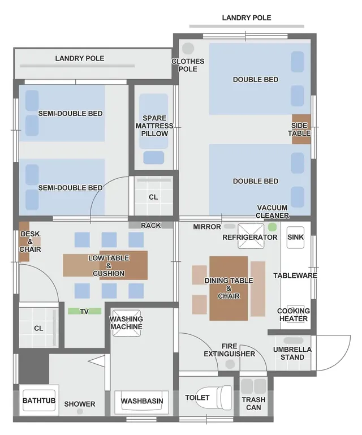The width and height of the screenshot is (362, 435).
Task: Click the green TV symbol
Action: [85, 311]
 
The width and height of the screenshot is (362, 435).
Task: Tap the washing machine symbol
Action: [127, 323]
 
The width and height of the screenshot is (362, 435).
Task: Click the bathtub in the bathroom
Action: [39, 400]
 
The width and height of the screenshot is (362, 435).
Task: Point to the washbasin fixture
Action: [142, 401]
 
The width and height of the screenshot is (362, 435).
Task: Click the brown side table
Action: [301, 130]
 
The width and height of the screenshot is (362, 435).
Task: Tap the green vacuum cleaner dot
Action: [273, 227]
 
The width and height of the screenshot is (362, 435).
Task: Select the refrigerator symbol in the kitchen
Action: [251, 236]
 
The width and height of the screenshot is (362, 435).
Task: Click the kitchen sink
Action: [295, 238]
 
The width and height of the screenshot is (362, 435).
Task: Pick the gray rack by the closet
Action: [150, 225]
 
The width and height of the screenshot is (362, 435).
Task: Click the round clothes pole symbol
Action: [188, 48]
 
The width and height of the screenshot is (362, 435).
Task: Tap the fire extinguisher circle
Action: [230, 364]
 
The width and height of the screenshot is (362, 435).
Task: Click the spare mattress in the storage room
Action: [154, 121]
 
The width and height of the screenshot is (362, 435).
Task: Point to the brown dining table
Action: [229, 288]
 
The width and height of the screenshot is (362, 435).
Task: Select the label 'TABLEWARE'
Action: [295, 275]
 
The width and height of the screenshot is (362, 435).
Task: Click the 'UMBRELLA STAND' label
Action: [292, 353]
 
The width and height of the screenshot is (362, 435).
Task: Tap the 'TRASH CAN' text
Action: [253, 404]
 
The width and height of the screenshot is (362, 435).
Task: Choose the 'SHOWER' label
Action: [80, 404]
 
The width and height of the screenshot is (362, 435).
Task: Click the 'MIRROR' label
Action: [207, 227]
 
